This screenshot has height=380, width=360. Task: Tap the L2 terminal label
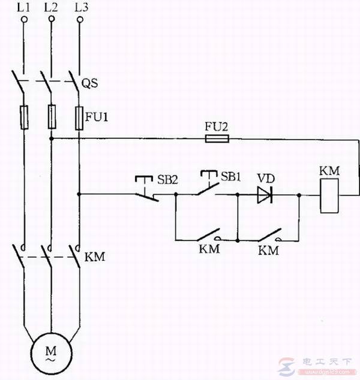coord(52,8)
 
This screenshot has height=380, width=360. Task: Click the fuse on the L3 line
coord(79,117)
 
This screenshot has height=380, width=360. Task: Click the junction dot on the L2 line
coord(52,138)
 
